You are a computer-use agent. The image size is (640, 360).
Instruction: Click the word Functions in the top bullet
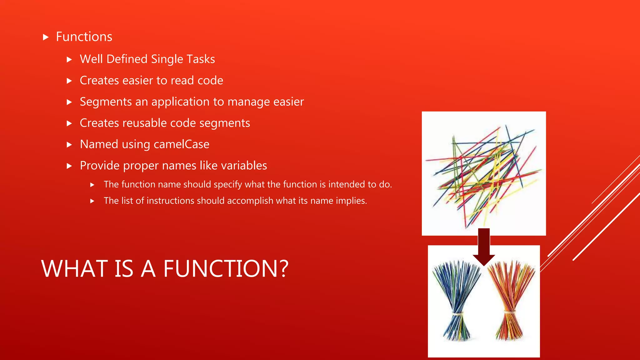tap(84, 37)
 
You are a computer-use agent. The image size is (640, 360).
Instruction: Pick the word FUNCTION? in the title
tap(226, 269)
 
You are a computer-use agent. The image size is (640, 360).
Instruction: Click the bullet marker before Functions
tap(46, 37)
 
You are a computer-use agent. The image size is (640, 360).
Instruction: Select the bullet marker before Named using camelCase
tap(69, 145)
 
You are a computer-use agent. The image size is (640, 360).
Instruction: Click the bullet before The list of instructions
tap(92, 201)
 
